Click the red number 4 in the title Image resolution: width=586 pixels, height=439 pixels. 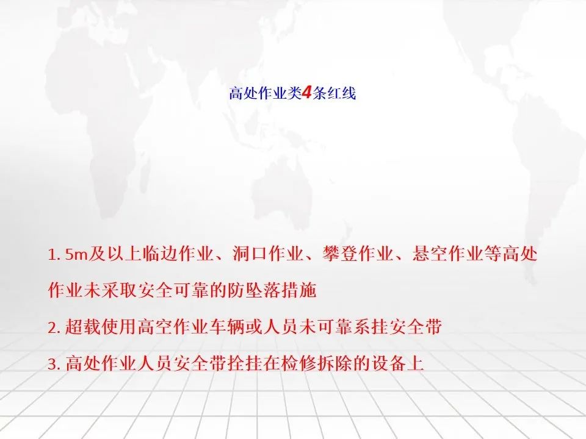[306, 93]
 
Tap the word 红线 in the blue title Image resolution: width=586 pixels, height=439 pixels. [342, 93]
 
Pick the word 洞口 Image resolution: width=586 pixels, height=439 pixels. [250, 254]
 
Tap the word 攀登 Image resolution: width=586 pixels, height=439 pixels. [340, 254]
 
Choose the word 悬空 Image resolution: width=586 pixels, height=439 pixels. [430, 254]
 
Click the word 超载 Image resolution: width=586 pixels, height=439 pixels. [83, 327]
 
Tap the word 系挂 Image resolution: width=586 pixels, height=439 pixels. [371, 327]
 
